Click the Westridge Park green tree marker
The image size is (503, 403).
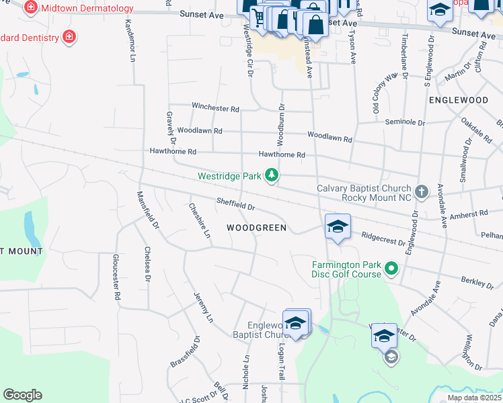click(272, 176)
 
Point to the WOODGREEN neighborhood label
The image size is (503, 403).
click(256, 228)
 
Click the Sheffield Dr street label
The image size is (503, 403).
click(235, 204)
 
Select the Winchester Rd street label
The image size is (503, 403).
click(215, 107)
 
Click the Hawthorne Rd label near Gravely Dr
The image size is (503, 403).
click(173, 152)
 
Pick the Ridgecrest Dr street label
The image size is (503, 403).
click(383, 238)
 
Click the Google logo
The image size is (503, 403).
click(22, 395)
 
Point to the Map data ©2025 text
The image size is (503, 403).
click(475, 398)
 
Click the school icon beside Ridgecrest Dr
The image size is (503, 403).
click(338, 226)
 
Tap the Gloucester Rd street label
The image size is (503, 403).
click(116, 277)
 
